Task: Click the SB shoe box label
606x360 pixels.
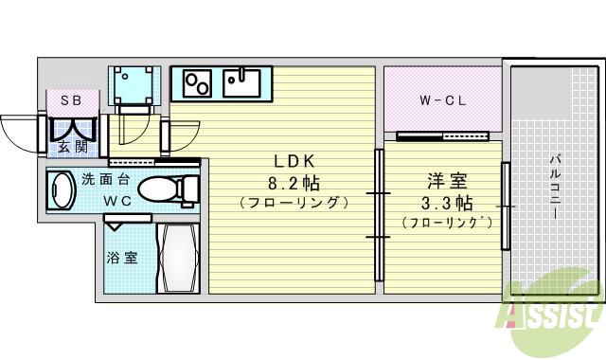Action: click(71, 99)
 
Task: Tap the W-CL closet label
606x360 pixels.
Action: click(440, 99)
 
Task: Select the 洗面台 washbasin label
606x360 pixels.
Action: click(105, 178)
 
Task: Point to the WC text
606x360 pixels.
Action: click(117, 199)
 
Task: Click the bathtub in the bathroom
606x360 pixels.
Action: click(176, 258)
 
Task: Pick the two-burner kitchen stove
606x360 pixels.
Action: click(197, 83)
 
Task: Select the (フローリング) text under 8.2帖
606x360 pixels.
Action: click(294, 202)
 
